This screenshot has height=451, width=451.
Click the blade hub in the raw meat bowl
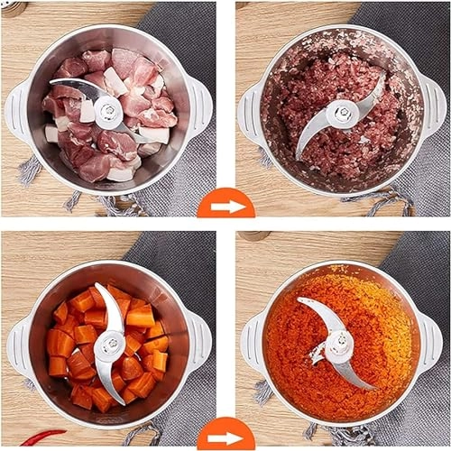pos(107,111)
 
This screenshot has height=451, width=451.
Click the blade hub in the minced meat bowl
pos(342,114)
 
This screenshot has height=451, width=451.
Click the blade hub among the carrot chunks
pos(110,344)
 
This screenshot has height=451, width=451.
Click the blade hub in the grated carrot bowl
pos(339,344)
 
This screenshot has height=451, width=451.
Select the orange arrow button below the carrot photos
pos(225,437)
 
